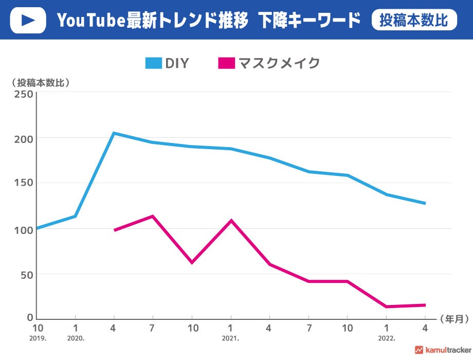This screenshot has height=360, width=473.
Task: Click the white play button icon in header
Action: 28,20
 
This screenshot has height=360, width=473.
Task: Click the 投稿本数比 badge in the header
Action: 414,20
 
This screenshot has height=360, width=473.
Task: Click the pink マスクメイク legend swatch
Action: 227,63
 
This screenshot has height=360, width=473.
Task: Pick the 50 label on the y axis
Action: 26,274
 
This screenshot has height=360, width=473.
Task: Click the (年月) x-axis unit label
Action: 454,319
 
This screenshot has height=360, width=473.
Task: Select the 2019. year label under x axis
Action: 37,339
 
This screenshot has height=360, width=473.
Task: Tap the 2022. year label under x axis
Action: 386,339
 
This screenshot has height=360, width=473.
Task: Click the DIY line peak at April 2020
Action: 114,133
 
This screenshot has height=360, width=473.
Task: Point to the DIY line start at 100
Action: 38,228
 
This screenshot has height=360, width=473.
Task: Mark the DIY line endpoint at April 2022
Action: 425,203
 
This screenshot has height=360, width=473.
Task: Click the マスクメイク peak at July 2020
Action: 152,216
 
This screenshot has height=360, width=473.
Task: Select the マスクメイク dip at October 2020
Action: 191,262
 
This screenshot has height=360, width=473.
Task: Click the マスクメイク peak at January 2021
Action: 231,221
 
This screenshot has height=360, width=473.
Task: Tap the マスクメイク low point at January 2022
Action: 386,307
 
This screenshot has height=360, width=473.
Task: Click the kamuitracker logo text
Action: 446,350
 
